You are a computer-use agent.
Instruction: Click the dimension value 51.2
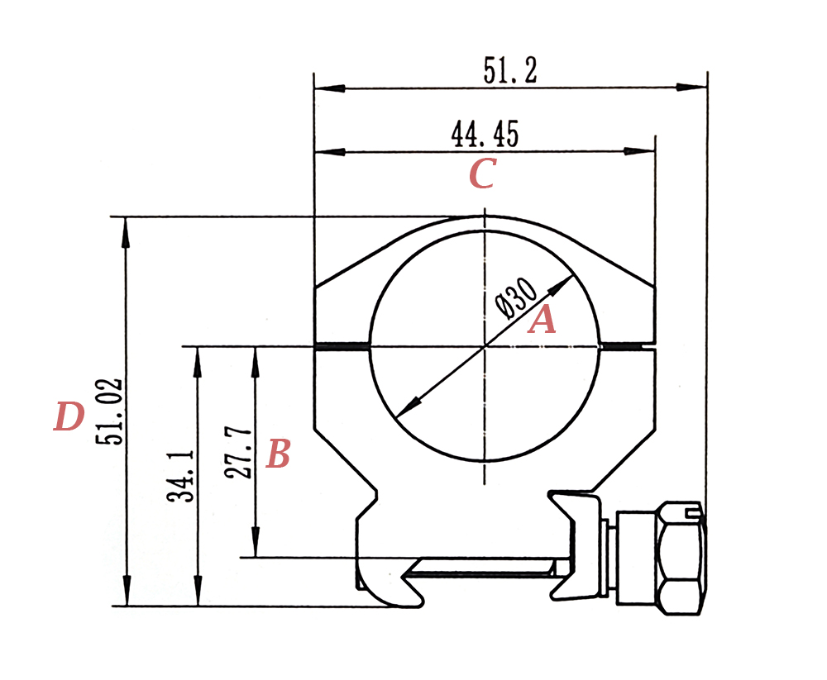[510, 70]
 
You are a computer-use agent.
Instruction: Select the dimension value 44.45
[485, 134]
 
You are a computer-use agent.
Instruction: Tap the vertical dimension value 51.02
[110, 411]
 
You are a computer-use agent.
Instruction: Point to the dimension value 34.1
[180, 476]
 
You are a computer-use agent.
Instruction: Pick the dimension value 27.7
[238, 453]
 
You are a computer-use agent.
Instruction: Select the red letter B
[278, 454]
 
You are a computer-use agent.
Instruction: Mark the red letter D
[69, 416]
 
